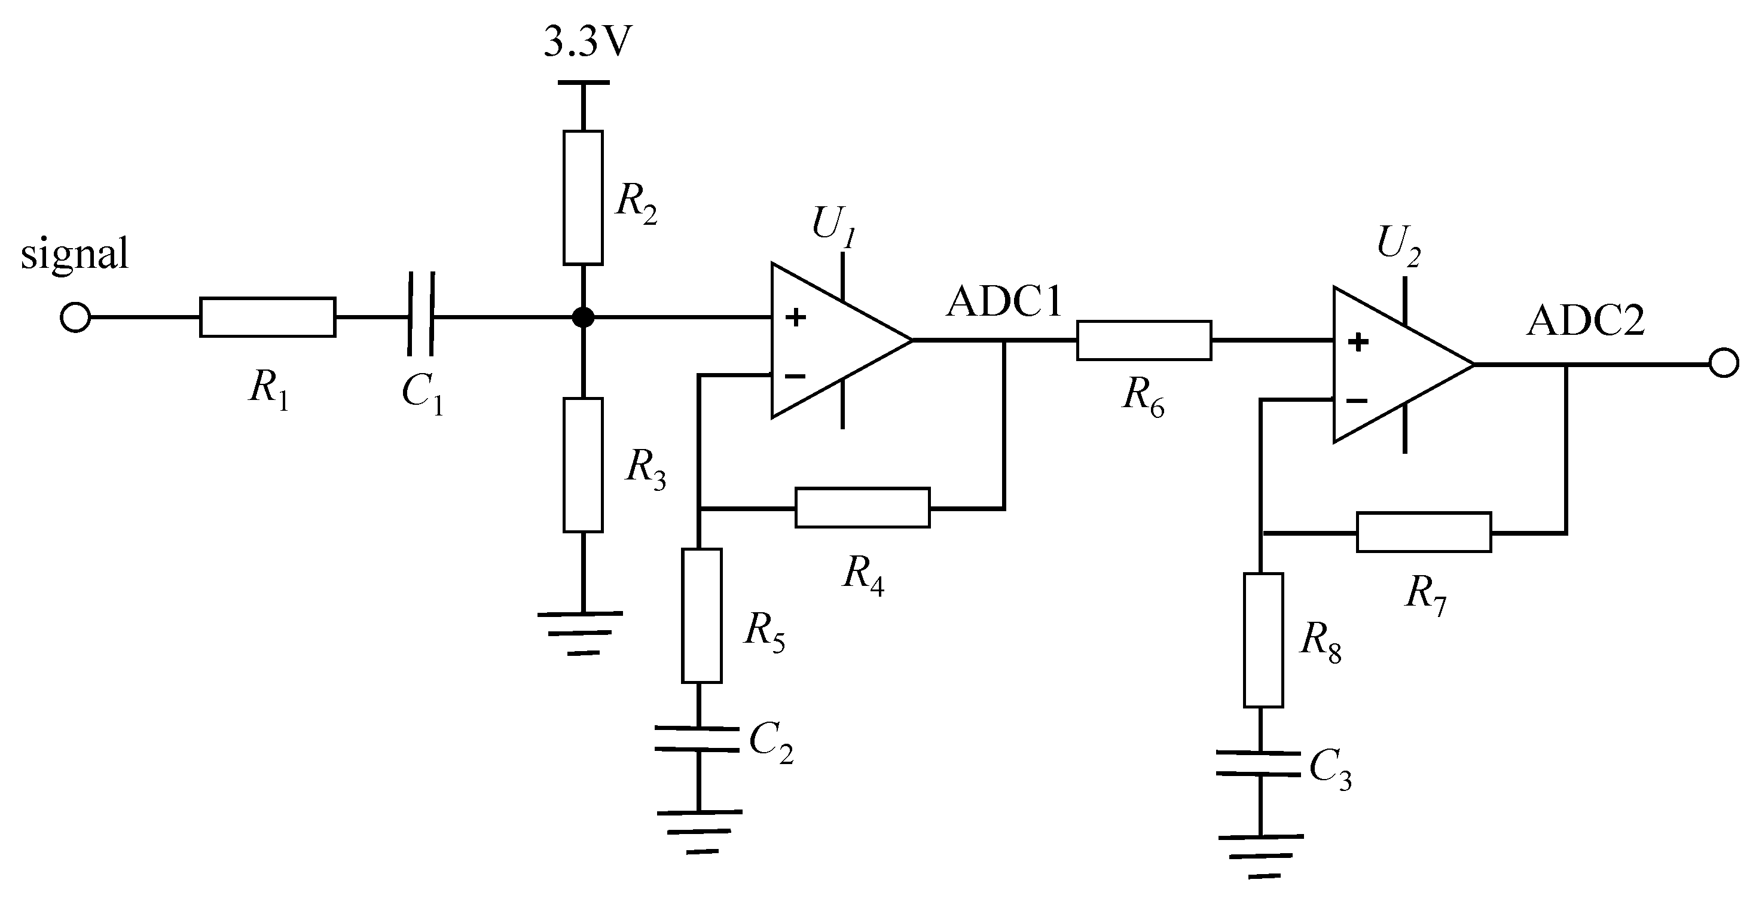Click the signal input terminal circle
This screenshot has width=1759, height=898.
pos(75,317)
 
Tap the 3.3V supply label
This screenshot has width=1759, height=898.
pos(588,44)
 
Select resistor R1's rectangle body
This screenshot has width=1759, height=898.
pos(268,317)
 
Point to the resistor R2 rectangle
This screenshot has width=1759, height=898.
pos(583,197)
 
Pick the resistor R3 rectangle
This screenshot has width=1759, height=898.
pos(583,465)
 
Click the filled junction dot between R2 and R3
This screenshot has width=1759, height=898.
pos(583,317)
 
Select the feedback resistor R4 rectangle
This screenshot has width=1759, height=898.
pos(862,508)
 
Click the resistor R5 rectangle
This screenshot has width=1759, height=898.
pos(701,615)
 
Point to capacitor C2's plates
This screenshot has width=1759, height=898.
pos(697,740)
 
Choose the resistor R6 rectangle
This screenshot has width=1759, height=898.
pos(1144,340)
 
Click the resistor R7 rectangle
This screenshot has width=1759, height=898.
pos(1424,532)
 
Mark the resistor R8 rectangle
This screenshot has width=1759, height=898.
pos(1263,640)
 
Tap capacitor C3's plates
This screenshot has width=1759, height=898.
pos(1259,764)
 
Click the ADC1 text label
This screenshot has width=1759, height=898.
pos(1004,302)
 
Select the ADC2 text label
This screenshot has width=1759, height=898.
pos(1586,321)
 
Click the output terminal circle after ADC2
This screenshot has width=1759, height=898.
pos(1724,364)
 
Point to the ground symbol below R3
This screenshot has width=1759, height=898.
pos(581,633)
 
